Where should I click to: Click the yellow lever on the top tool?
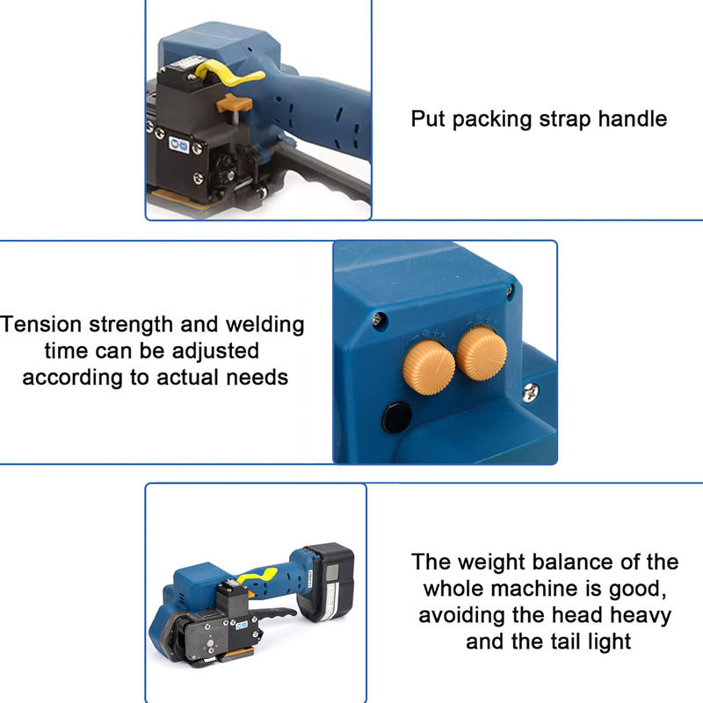(x=228, y=74)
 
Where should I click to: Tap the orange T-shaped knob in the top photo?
(x=234, y=104)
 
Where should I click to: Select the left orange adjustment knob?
(x=429, y=367)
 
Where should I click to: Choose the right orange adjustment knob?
(x=482, y=353)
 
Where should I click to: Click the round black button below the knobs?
(x=396, y=418)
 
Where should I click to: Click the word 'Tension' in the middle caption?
(x=40, y=324)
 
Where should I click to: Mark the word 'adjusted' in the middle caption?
(x=215, y=351)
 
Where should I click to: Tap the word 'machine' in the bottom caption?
(x=546, y=589)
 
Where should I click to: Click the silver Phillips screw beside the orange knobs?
(x=531, y=392)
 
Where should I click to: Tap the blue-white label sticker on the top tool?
(x=179, y=144)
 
